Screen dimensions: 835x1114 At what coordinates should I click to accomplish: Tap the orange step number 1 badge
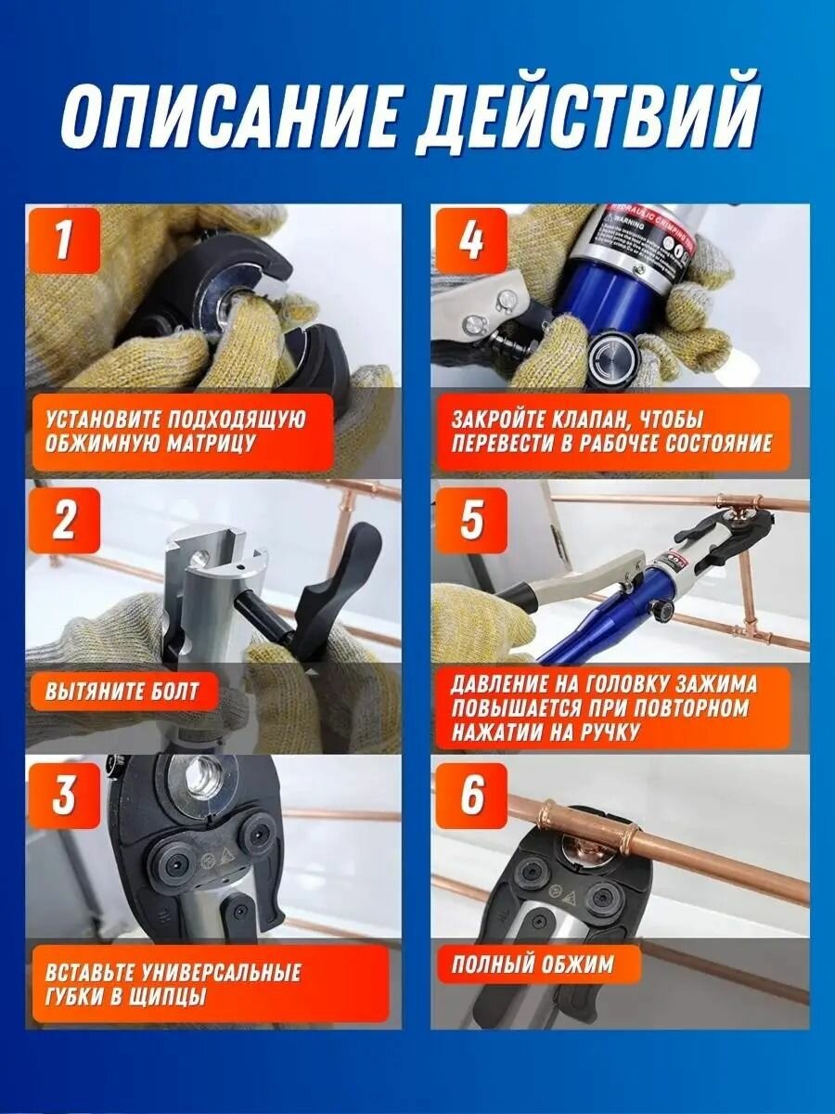coord(64,242)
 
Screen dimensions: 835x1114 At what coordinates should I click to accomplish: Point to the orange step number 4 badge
coord(471,242)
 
